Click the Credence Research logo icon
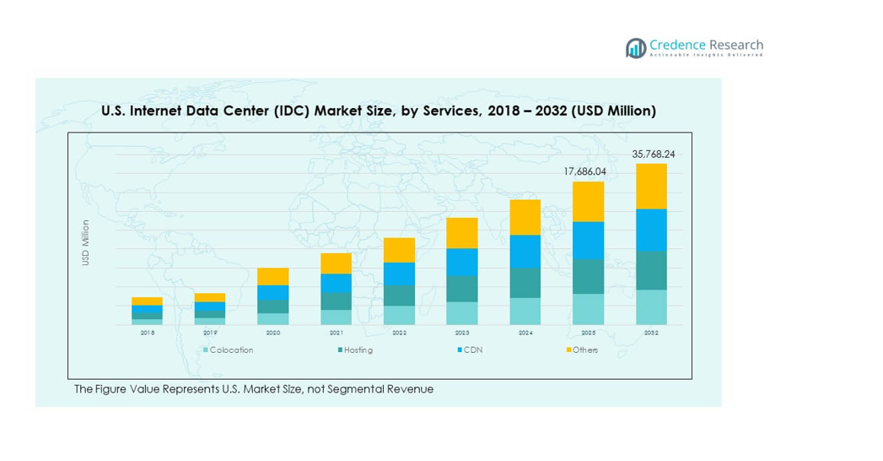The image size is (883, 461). tap(635, 48)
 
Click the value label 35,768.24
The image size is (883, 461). tap(654, 155)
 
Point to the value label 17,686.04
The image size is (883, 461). tap(585, 172)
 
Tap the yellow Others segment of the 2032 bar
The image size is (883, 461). tap(651, 186)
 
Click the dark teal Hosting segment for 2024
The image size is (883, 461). tap(525, 283)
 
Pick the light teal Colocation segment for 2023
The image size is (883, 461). tap(461, 313)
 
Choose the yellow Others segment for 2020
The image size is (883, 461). tap(272, 276)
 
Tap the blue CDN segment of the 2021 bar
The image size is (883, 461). tap(336, 283)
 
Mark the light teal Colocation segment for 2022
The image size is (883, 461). tap(399, 315)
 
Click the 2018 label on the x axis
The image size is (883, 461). tap(147, 334)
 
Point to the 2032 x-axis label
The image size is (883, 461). tap(651, 334)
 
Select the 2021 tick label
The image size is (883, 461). tap(336, 334)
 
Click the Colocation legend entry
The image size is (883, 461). tap(228, 350)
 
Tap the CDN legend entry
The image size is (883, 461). tap(470, 350)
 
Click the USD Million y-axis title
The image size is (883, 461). tap(85, 243)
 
